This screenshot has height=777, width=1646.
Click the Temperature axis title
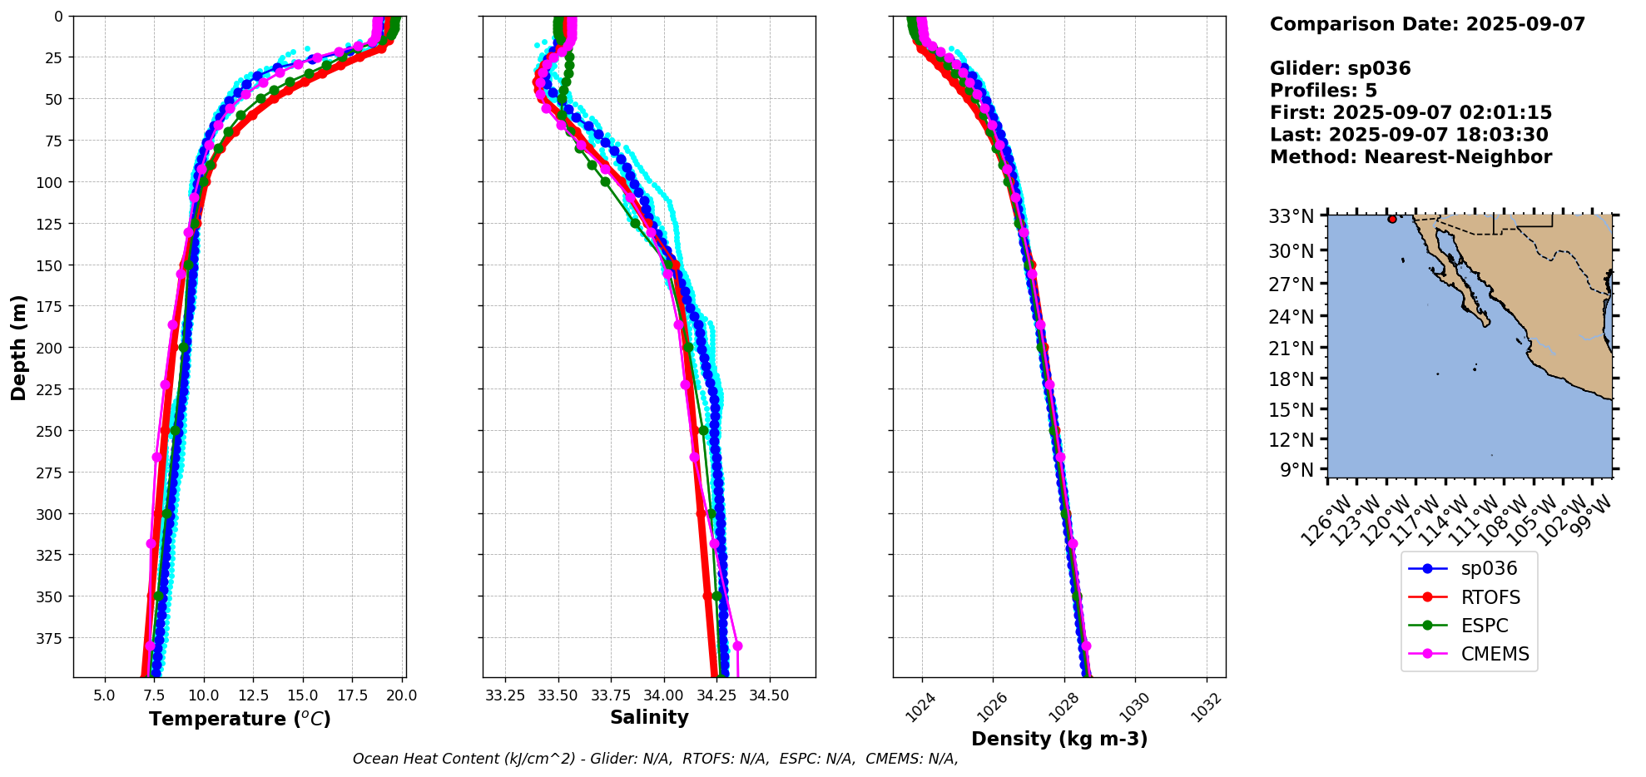coord(240,719)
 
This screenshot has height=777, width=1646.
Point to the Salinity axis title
coord(649,718)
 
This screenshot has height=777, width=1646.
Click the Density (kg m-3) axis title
coord(1059,739)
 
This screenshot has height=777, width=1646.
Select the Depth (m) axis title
coord(18,348)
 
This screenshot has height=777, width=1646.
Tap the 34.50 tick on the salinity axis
coord(769,695)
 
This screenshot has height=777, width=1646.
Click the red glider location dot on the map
coord(1392,219)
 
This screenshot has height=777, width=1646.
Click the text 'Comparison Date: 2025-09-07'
coord(1427,24)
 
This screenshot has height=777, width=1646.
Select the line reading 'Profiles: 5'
coord(1323,91)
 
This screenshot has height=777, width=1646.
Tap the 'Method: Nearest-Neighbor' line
coord(1411,157)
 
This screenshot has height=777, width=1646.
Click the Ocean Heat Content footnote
coord(655,759)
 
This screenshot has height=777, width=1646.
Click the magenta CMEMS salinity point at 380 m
coord(737,646)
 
